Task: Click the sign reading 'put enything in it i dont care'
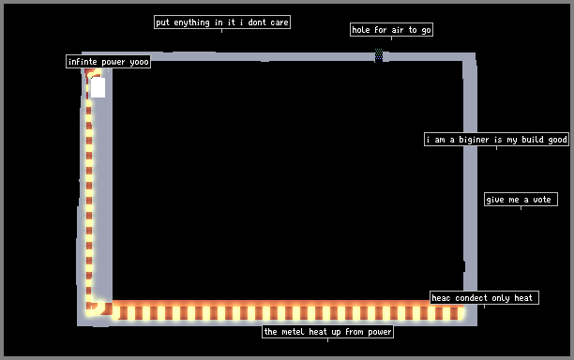[x=222, y=22]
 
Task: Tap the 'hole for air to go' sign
[x=391, y=30]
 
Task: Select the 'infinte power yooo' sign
[x=109, y=62]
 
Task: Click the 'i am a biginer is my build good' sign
[x=496, y=140]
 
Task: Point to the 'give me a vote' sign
[x=521, y=200]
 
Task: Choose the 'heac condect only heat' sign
[x=484, y=298]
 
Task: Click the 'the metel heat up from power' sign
[x=327, y=332]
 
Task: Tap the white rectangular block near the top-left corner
[x=98, y=87]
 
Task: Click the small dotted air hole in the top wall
[x=379, y=54]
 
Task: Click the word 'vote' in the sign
[x=542, y=200]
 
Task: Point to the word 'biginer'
[x=474, y=140]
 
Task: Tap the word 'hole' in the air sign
[x=361, y=30]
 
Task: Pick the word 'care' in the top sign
[x=279, y=22]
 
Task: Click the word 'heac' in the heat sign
[x=441, y=298]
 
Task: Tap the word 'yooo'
[x=139, y=62]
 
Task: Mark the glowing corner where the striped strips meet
[x=99, y=308]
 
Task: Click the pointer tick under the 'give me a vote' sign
[x=521, y=208]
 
